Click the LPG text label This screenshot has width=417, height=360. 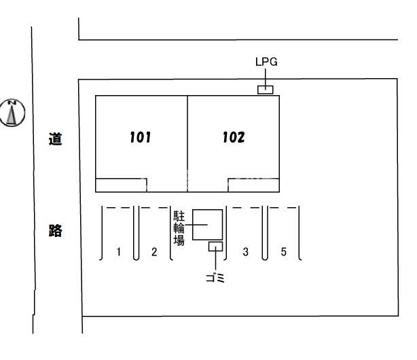click(266, 62)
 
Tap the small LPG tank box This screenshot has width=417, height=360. click(265, 90)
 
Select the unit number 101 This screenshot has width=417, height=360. click(140, 138)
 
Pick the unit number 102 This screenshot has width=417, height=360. click(234, 138)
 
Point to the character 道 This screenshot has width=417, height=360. click(56, 140)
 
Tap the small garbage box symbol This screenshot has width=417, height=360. click(215, 247)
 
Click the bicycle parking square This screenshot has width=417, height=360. click(207, 224)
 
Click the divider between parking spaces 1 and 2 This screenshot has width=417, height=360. click(137, 234)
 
